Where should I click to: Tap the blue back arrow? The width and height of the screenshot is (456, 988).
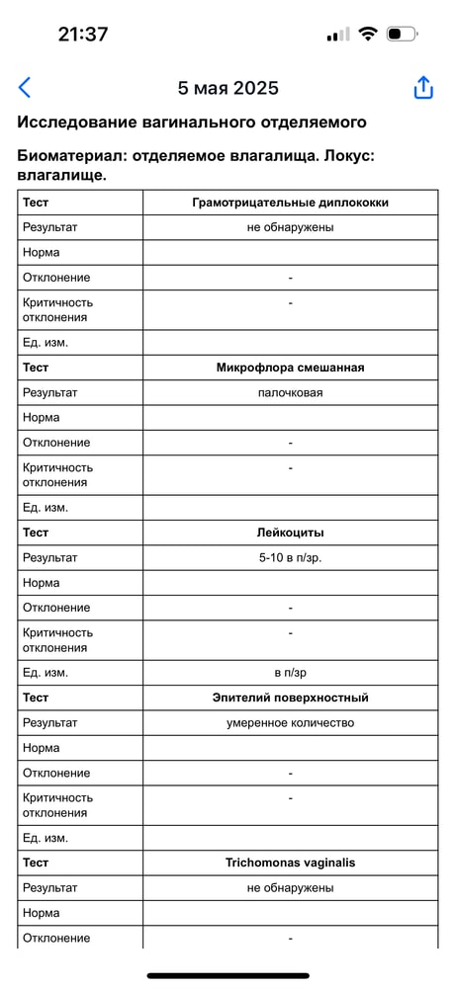[x=25, y=87]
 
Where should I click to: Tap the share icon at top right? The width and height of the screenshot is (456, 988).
[x=423, y=87]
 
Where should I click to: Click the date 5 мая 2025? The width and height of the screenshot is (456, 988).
[x=228, y=88]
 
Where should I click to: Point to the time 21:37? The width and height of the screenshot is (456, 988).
[x=83, y=34]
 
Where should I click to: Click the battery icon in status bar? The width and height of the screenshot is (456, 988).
[x=401, y=35]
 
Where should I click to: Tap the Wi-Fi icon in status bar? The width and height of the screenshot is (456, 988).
[x=368, y=35]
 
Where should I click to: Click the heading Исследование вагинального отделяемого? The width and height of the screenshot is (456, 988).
[x=192, y=123]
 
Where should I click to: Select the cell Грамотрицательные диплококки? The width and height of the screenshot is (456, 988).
[x=290, y=203]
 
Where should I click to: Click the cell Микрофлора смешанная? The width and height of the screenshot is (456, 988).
[x=290, y=368]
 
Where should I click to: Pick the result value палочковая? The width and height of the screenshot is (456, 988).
[x=290, y=392]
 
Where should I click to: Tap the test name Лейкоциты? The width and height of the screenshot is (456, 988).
[x=290, y=533]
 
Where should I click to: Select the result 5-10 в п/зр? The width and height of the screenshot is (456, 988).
[x=290, y=557]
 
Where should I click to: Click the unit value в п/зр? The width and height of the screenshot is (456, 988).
[x=290, y=673]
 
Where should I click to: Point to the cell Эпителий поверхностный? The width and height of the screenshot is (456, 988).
[x=290, y=698]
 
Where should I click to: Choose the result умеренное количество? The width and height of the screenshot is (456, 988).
[x=290, y=722]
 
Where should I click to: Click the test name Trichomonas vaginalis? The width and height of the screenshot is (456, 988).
[x=290, y=863]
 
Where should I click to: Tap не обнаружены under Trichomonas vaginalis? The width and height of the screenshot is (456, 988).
[x=290, y=887]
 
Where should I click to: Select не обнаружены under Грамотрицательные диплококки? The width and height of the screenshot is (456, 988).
[x=290, y=227]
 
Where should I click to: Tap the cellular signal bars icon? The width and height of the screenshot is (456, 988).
[x=337, y=35]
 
